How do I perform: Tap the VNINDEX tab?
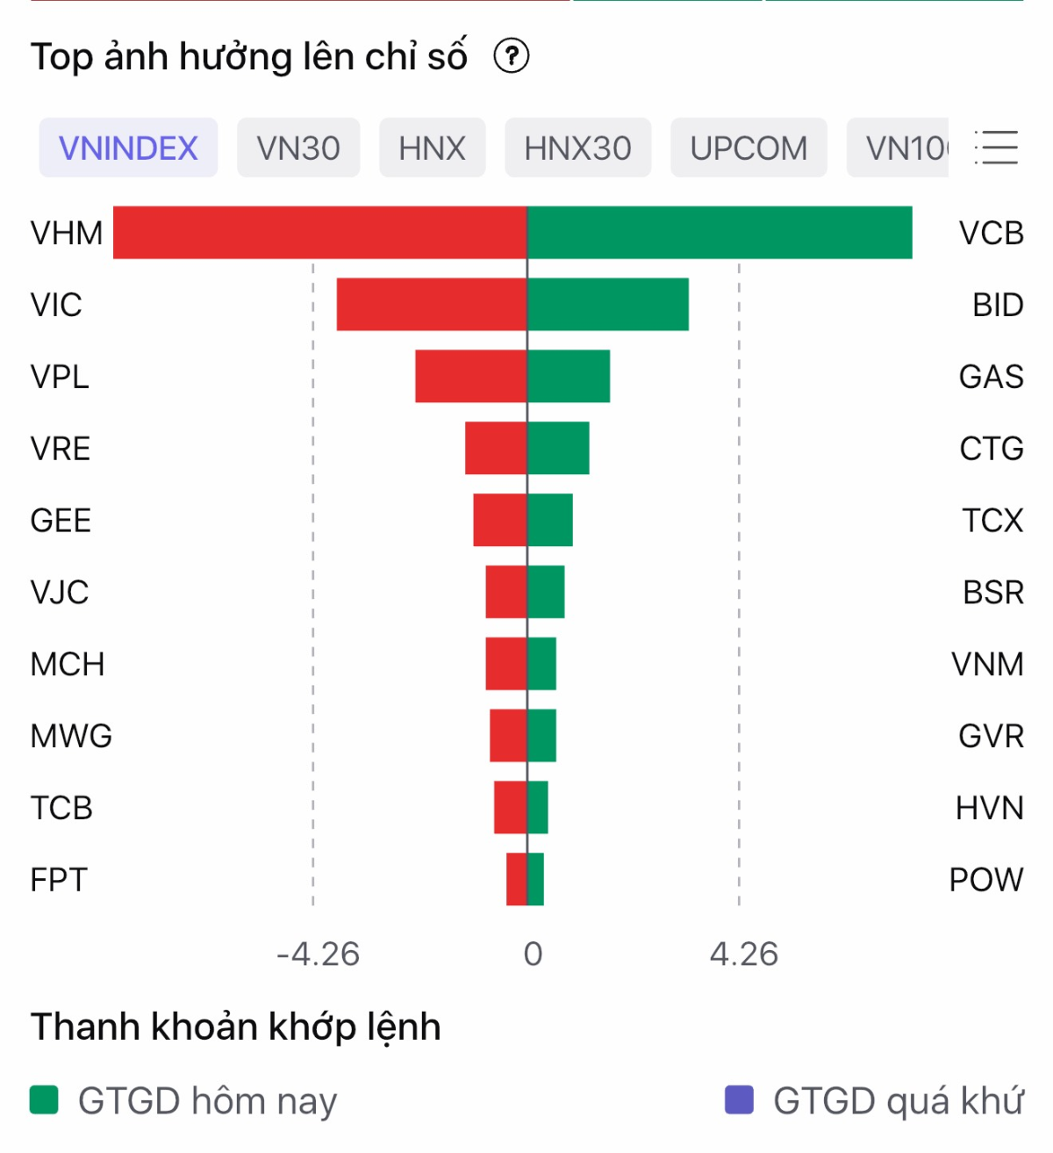click(x=128, y=148)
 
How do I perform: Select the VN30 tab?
click(x=298, y=148)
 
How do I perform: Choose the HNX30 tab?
click(x=577, y=148)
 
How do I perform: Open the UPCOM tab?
click(x=749, y=148)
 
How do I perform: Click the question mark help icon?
click(x=512, y=56)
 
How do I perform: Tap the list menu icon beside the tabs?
click(x=997, y=148)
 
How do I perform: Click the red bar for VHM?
click(x=319, y=233)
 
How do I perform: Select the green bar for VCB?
click(x=720, y=233)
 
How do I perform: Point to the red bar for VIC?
click(x=432, y=305)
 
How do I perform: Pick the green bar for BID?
click(x=608, y=305)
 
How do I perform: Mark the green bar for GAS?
click(x=569, y=377)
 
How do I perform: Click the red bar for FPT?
click(x=516, y=879)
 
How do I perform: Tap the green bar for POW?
click(x=536, y=879)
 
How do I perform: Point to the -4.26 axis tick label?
click(x=318, y=954)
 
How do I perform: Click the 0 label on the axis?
click(x=533, y=954)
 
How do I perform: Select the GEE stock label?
click(x=61, y=521)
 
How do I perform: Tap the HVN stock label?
click(x=989, y=808)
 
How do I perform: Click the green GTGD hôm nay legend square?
click(x=44, y=1099)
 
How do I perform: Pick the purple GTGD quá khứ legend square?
click(x=739, y=1099)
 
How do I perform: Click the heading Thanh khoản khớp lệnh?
click(x=235, y=1027)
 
